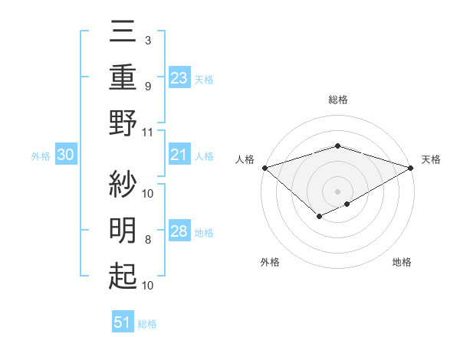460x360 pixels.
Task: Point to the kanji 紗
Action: [123, 182]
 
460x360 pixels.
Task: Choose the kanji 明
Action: [123, 230]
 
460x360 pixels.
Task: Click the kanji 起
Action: [123, 276]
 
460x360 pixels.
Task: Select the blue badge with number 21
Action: [179, 155]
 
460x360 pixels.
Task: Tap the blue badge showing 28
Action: [179, 231]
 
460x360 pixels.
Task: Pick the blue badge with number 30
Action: [66, 155]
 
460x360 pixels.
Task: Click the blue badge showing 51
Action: [123, 322]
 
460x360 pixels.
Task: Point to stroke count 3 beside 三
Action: [147, 40]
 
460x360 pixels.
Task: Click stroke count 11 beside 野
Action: [148, 132]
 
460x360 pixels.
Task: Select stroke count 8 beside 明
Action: [148, 240]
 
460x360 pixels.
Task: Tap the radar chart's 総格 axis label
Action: [337, 100]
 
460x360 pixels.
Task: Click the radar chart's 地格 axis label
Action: [402, 263]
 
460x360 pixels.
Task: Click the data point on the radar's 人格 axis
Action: [264, 167]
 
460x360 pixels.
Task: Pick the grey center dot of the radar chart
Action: [337, 191]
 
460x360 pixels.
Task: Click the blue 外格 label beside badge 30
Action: [41, 155]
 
